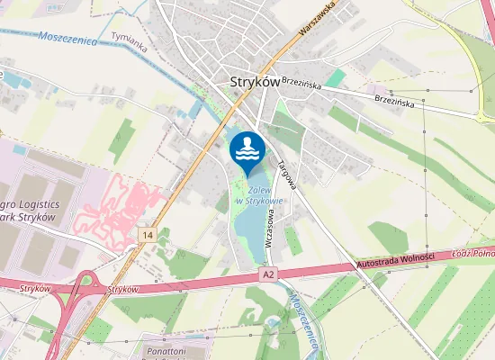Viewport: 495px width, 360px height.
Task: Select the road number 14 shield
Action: tap(148, 235)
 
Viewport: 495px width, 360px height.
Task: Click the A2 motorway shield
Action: tap(266, 273)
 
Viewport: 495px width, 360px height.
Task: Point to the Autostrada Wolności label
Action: tap(396, 260)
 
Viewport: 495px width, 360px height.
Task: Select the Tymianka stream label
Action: tap(128, 40)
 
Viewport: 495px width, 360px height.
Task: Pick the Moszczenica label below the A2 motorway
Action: tap(304, 320)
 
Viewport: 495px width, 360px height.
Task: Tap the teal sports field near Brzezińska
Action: tap(335, 78)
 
